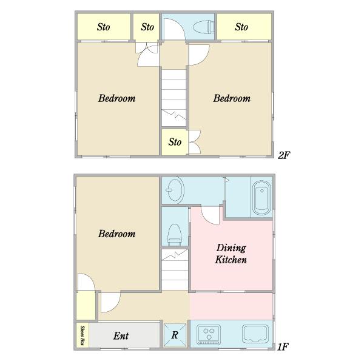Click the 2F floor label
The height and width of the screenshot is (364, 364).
(x=284, y=155)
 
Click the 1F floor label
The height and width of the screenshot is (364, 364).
(x=283, y=347)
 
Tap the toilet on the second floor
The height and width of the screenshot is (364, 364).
(x=203, y=27)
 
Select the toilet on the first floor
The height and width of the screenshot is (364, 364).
(x=175, y=235)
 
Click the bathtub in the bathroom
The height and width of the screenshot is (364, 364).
(x=261, y=198)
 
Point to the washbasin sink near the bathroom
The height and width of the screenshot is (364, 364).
(x=175, y=190)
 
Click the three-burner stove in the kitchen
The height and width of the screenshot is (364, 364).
(x=209, y=334)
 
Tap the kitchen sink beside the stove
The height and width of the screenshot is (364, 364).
(x=255, y=334)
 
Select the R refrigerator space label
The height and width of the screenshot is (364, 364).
(x=175, y=335)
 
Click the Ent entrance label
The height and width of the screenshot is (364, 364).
(x=121, y=335)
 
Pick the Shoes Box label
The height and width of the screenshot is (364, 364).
(x=82, y=335)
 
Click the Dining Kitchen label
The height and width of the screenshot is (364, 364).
(x=231, y=254)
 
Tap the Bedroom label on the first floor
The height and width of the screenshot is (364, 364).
(x=116, y=234)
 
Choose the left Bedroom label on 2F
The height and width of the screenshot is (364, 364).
(x=116, y=98)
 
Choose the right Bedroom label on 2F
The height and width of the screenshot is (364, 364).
(x=232, y=98)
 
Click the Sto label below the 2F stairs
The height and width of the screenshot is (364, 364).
(x=175, y=142)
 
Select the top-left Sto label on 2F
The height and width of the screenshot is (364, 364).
(x=103, y=27)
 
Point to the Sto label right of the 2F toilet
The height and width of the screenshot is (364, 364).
(x=241, y=27)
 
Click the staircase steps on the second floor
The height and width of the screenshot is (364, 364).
(x=174, y=98)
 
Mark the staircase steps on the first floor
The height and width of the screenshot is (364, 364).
(x=175, y=269)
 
